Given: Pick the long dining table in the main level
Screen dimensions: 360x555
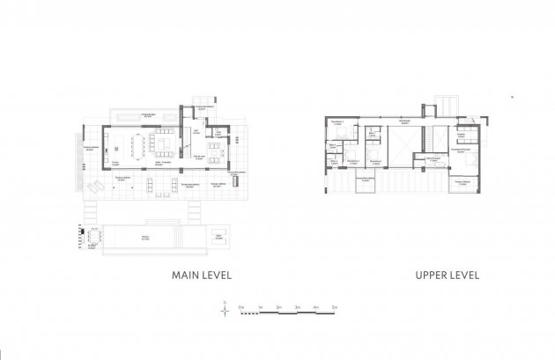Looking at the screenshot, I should coord(138,143).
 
